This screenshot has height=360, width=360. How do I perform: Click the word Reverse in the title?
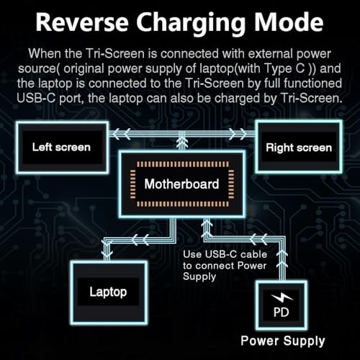[x=82, y=22]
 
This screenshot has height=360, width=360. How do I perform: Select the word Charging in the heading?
[x=191, y=24]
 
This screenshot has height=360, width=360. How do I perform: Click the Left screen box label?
[x=61, y=147]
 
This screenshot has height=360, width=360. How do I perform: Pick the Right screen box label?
[x=299, y=148]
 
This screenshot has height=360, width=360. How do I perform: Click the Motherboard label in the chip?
[x=181, y=184]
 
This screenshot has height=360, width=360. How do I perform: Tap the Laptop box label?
[x=108, y=292]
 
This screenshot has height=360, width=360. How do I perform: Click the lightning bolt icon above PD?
[x=282, y=298]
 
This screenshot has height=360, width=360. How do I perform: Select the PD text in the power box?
[x=282, y=312]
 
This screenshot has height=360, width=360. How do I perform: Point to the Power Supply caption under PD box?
[x=283, y=341]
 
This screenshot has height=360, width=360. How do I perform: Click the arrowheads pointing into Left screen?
[x=122, y=134]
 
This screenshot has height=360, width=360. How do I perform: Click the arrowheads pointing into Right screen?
[x=238, y=134]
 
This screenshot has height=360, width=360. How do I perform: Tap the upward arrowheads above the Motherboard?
[x=182, y=142]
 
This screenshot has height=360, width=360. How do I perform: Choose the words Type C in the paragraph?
[x=284, y=68]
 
